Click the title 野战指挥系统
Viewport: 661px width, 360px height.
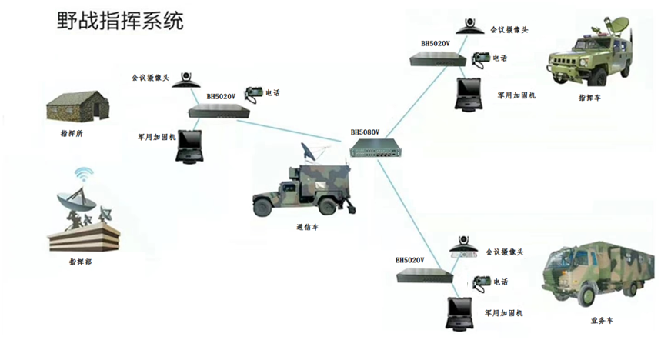click(x=121, y=21)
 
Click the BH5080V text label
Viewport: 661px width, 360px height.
click(x=365, y=132)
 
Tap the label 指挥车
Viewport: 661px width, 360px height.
click(x=589, y=98)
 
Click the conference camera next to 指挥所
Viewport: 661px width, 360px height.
click(x=186, y=80)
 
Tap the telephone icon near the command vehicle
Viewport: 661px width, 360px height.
click(x=481, y=58)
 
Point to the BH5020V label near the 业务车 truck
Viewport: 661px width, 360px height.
click(x=410, y=261)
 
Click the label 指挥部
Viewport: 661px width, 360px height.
click(x=81, y=262)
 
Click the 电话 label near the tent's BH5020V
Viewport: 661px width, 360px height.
click(x=272, y=93)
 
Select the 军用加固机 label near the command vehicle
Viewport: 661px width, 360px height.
click(x=516, y=95)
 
